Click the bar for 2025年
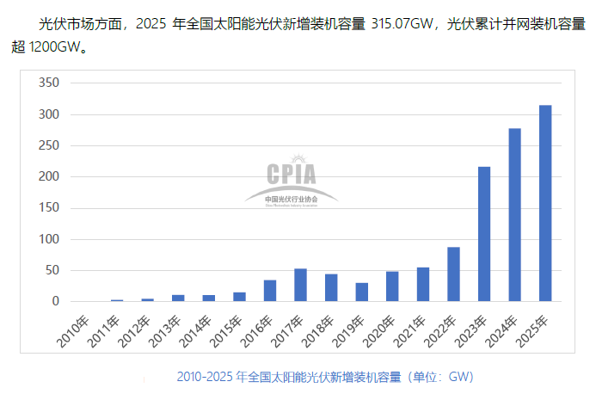point(545,203)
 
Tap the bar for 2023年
point(484,234)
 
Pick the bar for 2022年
point(453,274)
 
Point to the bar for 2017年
point(300,285)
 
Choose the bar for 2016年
point(270,291)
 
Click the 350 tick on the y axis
point(48,83)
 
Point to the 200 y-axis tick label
point(48,177)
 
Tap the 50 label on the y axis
point(52,270)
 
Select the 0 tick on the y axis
point(55,301)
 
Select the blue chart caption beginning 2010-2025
point(324,377)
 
